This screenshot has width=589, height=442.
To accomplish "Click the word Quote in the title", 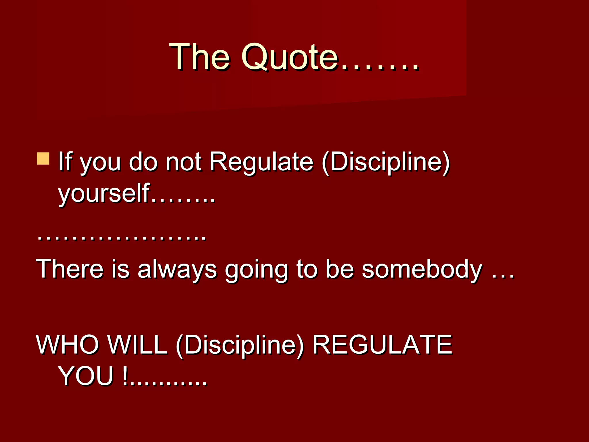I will [x=289, y=57].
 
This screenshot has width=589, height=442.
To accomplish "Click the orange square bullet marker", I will [x=43, y=159].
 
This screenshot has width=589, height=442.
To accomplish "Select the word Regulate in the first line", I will [x=261, y=162].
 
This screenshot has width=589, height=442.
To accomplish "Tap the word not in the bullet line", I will [x=183, y=162].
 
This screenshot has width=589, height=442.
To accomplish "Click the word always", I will [x=177, y=270].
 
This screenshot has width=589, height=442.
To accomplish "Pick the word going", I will [x=256, y=270].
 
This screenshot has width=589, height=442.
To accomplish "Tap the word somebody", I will [x=422, y=270].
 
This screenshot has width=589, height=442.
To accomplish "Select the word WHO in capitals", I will [x=67, y=344].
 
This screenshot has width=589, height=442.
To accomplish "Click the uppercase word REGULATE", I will [x=382, y=344].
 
